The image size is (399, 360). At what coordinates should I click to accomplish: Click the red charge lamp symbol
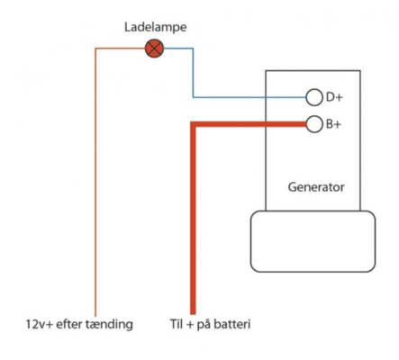tap(154, 49)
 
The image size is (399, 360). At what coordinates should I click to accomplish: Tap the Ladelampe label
tap(156, 27)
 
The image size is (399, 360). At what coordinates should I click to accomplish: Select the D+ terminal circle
tap(314, 97)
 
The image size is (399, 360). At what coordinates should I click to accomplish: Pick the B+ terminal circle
tap(314, 124)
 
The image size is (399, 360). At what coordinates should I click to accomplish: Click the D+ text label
tap(334, 97)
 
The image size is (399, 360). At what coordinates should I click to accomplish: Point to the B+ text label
tap(333, 124)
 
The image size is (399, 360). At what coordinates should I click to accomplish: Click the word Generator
tap(316, 187)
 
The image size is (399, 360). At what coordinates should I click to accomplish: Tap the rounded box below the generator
tap(313, 241)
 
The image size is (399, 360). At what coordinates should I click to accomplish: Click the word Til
tap(177, 324)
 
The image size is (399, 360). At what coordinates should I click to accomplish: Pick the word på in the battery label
tap(204, 325)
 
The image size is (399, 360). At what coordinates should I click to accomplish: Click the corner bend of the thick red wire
tap(193, 124)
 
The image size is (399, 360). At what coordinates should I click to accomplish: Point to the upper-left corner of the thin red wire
tap(95, 48)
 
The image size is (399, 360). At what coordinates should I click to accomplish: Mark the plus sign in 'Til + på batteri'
tap(190, 325)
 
